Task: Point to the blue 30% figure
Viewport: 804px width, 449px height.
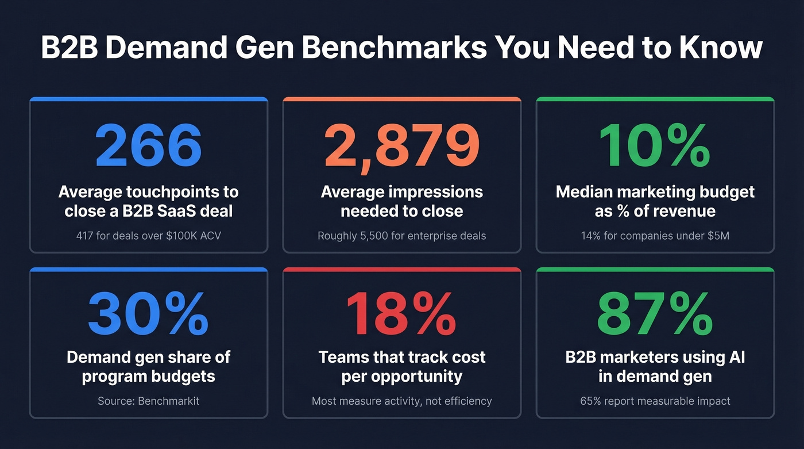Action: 148,314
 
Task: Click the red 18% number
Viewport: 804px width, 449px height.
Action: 401,314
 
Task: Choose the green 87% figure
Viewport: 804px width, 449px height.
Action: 655,314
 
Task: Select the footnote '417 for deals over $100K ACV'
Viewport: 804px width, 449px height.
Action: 148,235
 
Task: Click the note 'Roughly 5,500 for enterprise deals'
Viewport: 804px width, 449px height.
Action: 401,235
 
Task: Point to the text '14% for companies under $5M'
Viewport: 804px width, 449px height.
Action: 655,235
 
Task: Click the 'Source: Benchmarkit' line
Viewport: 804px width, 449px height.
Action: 148,401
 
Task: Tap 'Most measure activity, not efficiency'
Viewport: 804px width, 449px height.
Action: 401,401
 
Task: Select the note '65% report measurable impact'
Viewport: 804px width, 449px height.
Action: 655,401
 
